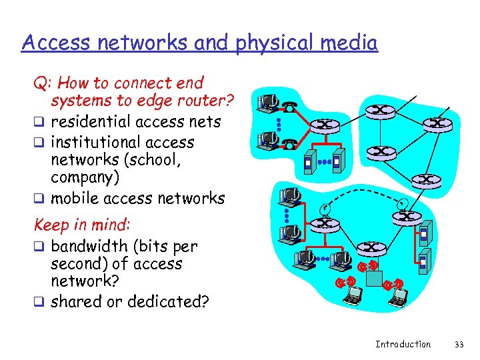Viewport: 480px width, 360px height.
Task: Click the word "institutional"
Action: (x=96, y=142)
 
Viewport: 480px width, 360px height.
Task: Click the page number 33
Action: (x=458, y=344)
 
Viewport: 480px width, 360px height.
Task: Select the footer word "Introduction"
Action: (x=403, y=344)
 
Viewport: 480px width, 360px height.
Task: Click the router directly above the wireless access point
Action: (x=370, y=247)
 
